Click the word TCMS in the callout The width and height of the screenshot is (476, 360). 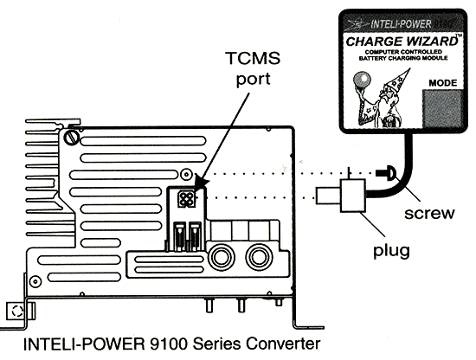pyautogui.click(x=253, y=58)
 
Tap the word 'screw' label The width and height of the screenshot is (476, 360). pyautogui.click(x=429, y=213)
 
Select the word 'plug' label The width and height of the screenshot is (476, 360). pyautogui.click(x=391, y=251)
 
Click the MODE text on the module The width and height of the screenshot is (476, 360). pyautogui.click(x=443, y=83)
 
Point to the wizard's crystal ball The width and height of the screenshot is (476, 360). pyautogui.click(x=362, y=80)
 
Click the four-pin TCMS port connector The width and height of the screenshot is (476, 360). pyautogui.click(x=186, y=199)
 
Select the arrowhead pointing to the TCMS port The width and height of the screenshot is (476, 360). pyautogui.click(x=200, y=183)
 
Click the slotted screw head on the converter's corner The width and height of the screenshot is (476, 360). pyautogui.click(x=72, y=138)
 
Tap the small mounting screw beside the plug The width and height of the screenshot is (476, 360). pyautogui.click(x=386, y=173)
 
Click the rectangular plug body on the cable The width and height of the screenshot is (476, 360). pyautogui.click(x=353, y=196)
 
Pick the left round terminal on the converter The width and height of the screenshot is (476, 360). pyautogui.click(x=221, y=256)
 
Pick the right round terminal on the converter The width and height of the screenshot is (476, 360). pyautogui.click(x=259, y=256)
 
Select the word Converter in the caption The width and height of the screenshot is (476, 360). pyautogui.click(x=283, y=344)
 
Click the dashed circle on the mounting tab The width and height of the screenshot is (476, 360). pyautogui.click(x=17, y=312)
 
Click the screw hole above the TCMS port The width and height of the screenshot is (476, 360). pyautogui.click(x=186, y=174)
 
